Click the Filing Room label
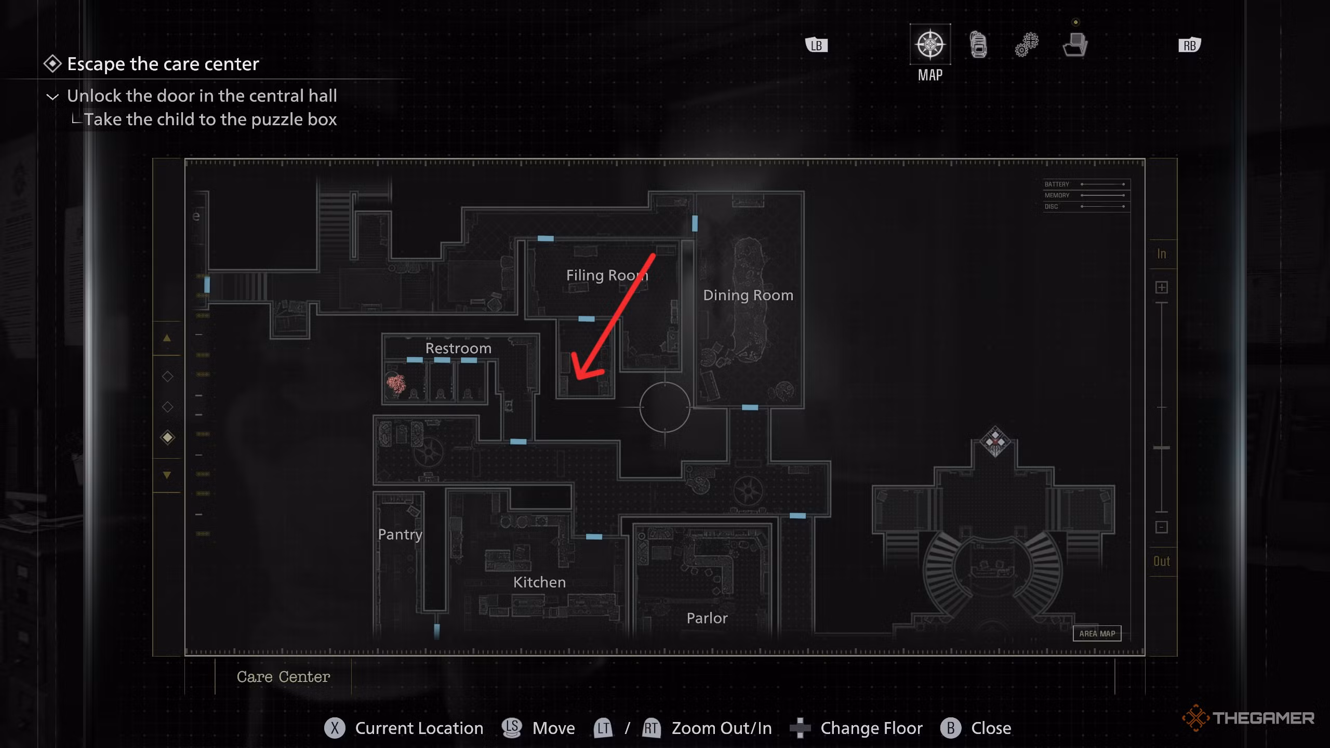coord(607,275)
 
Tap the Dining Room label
coord(748,295)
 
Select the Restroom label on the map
coord(458,348)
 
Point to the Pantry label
coord(400,535)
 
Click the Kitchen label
coord(539,582)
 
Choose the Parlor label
coord(707,618)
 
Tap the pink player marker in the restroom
coord(396,383)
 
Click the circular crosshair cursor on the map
coord(664,407)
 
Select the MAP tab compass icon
coord(930,45)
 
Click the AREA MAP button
coord(1097,634)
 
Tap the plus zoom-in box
coord(1162,287)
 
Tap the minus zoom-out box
coord(1162,528)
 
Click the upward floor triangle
coord(167,338)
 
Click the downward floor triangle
coord(167,475)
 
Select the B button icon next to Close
coord(950,728)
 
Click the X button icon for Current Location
coord(335,728)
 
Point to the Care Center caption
coord(283,677)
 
